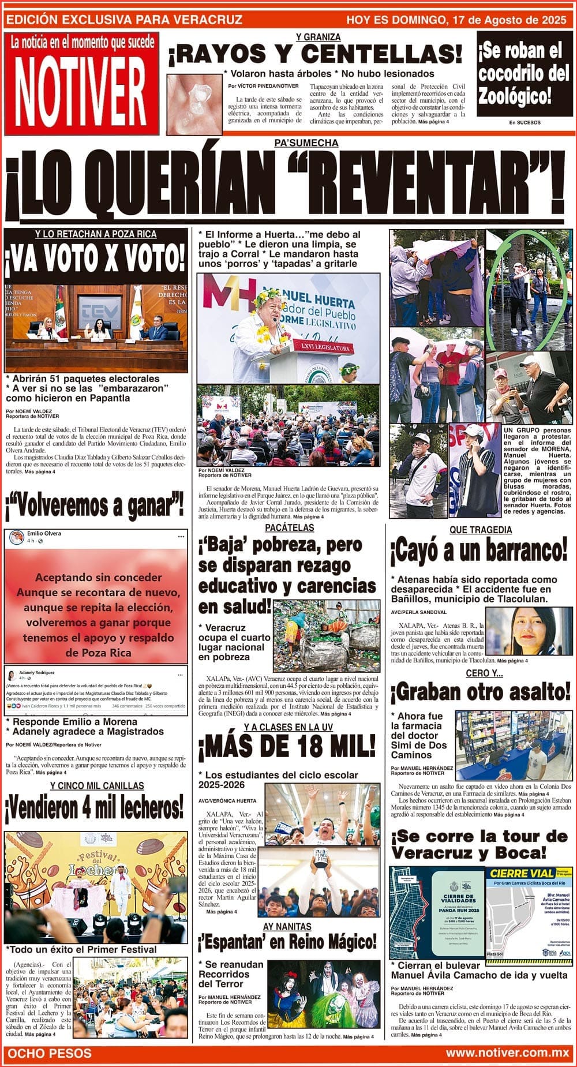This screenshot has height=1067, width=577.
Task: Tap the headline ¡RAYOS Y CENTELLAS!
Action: [315, 55]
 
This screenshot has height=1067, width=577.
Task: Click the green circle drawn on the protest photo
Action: [524, 291]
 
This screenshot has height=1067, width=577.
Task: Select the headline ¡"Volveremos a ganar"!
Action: [95, 506]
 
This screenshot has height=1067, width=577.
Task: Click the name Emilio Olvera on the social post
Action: [44, 533]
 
